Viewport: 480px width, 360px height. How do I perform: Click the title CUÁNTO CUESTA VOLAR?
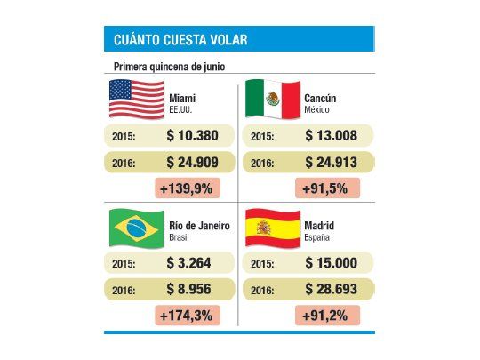tap(180, 40)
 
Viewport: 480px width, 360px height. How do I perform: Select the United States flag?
tap(136, 99)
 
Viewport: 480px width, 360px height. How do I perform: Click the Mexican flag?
tap(272, 99)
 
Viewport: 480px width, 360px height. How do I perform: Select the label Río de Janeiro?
tap(200, 226)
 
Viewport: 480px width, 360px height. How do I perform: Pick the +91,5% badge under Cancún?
tap(327, 188)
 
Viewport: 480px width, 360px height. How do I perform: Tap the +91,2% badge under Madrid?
tap(327, 316)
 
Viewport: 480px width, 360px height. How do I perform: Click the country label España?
tap(318, 238)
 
